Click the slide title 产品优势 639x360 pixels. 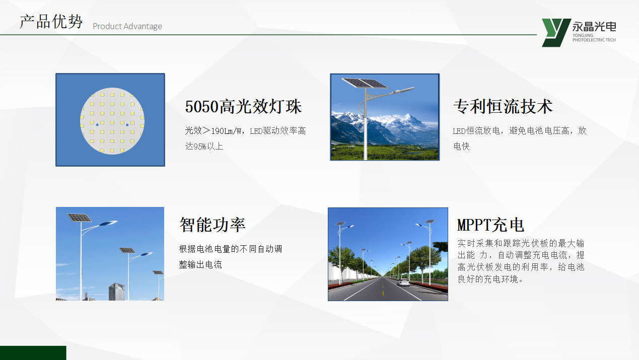[x=51, y=22]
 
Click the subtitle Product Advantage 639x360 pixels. [x=127, y=26]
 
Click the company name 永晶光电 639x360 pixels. [x=594, y=27]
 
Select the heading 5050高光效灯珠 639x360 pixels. [x=243, y=107]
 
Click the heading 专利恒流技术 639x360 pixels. [x=503, y=107]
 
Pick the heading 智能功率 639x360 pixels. [x=212, y=225]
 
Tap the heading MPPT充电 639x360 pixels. [x=490, y=225]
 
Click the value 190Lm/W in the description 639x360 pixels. [x=227, y=131]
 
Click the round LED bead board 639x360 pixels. [x=112, y=121]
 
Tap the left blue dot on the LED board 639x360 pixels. [x=97, y=125]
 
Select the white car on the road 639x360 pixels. [x=404, y=282]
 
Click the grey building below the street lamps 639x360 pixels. [x=117, y=292]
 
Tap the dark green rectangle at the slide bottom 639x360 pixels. [x=33, y=353]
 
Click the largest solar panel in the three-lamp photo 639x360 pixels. [x=79, y=218]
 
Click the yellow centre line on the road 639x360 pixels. [x=383, y=288]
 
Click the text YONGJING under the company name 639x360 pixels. [x=583, y=35]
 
